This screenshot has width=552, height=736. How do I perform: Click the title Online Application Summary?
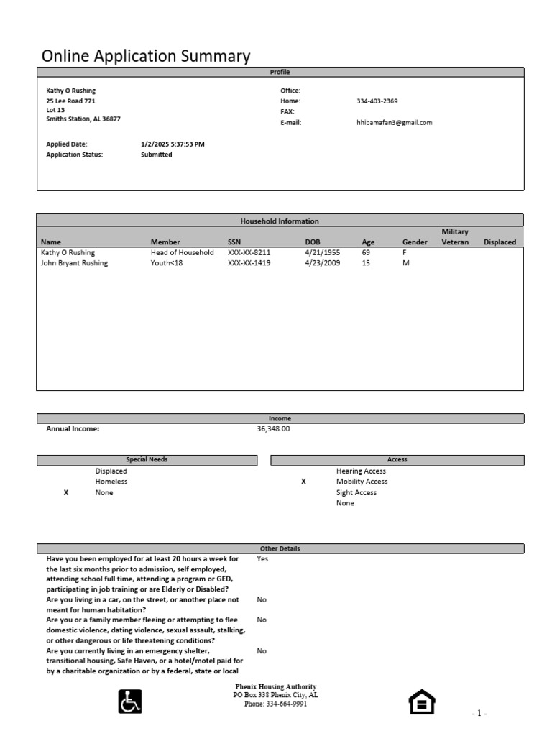pyautogui.click(x=146, y=56)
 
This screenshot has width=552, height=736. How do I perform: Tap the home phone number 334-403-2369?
pyautogui.click(x=377, y=101)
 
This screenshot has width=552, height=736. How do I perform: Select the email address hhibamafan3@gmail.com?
pyautogui.click(x=395, y=123)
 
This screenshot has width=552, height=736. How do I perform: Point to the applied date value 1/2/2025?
pyautogui.click(x=173, y=144)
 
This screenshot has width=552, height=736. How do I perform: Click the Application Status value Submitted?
pyautogui.click(x=157, y=155)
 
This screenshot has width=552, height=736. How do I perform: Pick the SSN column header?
pyautogui.click(x=235, y=242)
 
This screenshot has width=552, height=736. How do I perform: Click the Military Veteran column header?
pyautogui.click(x=455, y=237)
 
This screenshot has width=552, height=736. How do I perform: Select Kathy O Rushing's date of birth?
pyautogui.click(x=323, y=253)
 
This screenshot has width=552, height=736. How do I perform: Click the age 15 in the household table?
pyautogui.click(x=366, y=263)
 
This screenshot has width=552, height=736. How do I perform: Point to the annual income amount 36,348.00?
pyautogui.click(x=273, y=428)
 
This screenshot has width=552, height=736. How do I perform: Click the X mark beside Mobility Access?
pyautogui.click(x=303, y=482)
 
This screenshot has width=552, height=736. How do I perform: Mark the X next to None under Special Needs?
pyautogui.click(x=66, y=492)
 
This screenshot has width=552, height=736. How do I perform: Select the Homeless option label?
pyautogui.click(x=111, y=482)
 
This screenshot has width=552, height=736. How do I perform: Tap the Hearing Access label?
pyautogui.click(x=361, y=471)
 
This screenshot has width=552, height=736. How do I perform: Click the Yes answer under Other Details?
pyautogui.click(x=262, y=558)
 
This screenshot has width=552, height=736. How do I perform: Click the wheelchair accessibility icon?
pyautogui.click(x=130, y=701)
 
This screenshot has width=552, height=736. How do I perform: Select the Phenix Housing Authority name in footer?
pyautogui.click(x=276, y=686)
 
